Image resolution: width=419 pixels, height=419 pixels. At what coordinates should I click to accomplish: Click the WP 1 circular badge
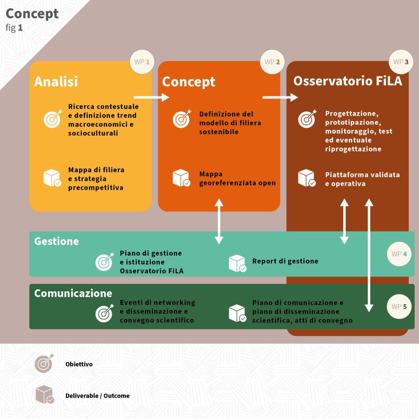pyautogui.click(x=142, y=62)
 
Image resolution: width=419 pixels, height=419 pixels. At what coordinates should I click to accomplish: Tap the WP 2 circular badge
pyautogui.click(x=272, y=62)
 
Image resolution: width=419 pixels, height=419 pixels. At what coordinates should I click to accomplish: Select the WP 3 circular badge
pyautogui.click(x=401, y=62)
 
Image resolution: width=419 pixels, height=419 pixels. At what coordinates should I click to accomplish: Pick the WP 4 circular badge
pyautogui.click(x=399, y=254)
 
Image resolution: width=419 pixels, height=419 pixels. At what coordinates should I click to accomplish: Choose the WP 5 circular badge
pyautogui.click(x=399, y=306)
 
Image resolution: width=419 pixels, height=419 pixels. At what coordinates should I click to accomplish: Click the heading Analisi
pyautogui.click(x=56, y=82)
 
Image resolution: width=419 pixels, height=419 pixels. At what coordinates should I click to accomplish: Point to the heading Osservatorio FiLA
pyautogui.click(x=348, y=81)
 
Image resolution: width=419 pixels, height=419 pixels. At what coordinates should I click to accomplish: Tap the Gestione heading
pyautogui.click(x=57, y=241)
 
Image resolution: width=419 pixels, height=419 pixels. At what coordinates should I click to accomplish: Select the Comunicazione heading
pyautogui.click(x=73, y=293)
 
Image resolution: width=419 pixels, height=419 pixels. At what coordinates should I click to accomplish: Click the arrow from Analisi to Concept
pyautogui.click(x=151, y=97)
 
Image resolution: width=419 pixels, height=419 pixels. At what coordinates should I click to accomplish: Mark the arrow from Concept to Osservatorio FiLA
pyautogui.click(x=280, y=97)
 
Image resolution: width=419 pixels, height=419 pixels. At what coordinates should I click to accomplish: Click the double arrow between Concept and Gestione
pyautogui.click(x=219, y=221)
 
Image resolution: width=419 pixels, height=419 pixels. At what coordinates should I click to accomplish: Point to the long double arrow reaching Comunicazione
pyautogui.click(x=369, y=255)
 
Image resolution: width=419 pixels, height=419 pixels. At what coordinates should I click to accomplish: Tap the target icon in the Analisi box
pyautogui.click(x=53, y=119)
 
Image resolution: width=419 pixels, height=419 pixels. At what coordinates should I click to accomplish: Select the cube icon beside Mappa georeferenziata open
pyautogui.click(x=181, y=178)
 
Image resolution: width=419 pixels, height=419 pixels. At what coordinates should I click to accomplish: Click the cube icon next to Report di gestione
pyautogui.click(x=238, y=263)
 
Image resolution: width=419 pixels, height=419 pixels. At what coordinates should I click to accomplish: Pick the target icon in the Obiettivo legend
pyautogui.click(x=44, y=363)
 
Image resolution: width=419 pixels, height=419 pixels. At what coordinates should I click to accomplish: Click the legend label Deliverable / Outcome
pyautogui.click(x=97, y=396)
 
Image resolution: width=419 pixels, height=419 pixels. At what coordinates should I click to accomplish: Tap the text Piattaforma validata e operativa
pyautogui.click(x=362, y=179)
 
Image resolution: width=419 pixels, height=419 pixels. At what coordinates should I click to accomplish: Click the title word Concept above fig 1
pyautogui.click(x=32, y=14)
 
